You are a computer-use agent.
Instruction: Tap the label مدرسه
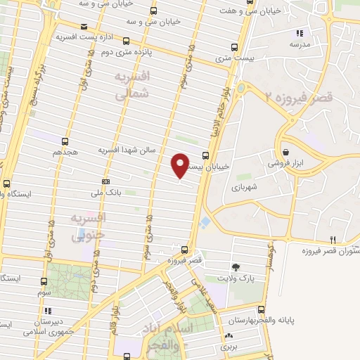[300, 44]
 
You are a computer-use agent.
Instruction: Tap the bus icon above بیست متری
[235, 49]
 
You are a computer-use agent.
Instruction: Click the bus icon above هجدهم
[65, 141]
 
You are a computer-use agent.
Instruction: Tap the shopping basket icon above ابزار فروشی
[285, 152]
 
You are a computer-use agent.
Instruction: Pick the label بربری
[229, 347]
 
